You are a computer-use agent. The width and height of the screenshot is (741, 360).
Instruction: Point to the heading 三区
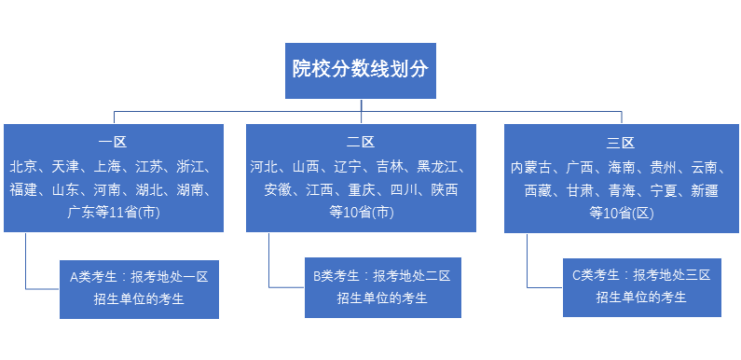[x=619, y=144]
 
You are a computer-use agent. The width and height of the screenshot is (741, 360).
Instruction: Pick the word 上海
[x=108, y=167]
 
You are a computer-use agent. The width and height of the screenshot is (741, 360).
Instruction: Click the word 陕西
[x=444, y=189]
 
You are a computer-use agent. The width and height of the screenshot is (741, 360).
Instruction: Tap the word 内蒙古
[x=532, y=168]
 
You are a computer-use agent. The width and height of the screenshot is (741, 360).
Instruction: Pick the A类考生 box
[x=139, y=288]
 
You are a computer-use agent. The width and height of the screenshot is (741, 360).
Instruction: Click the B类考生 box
[x=382, y=287]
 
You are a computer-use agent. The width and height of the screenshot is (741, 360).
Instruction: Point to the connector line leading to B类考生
[x=269, y=261]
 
